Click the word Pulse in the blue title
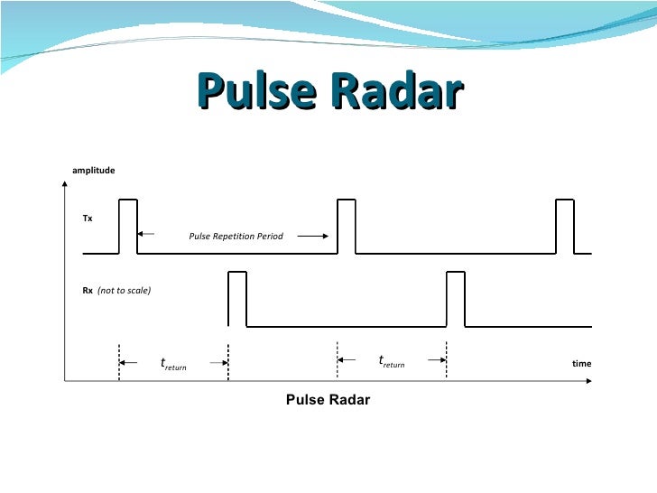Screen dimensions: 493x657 click(256, 91)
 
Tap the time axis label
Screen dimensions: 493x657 click(582, 364)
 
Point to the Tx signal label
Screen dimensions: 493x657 click(88, 219)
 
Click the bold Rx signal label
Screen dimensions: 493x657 click(88, 291)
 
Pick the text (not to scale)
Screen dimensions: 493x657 click(124, 291)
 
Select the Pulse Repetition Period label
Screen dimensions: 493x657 click(236, 237)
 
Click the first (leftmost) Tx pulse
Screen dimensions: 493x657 click(128, 226)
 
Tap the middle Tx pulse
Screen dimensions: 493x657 click(346, 226)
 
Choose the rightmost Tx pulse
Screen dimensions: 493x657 click(565, 226)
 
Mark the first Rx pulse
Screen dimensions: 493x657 click(237, 298)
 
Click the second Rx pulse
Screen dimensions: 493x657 click(456, 298)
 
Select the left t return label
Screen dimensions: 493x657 click(173, 365)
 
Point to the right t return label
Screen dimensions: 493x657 click(392, 362)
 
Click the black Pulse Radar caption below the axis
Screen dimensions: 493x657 click(328, 400)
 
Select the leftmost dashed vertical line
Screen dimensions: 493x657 click(118, 361)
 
